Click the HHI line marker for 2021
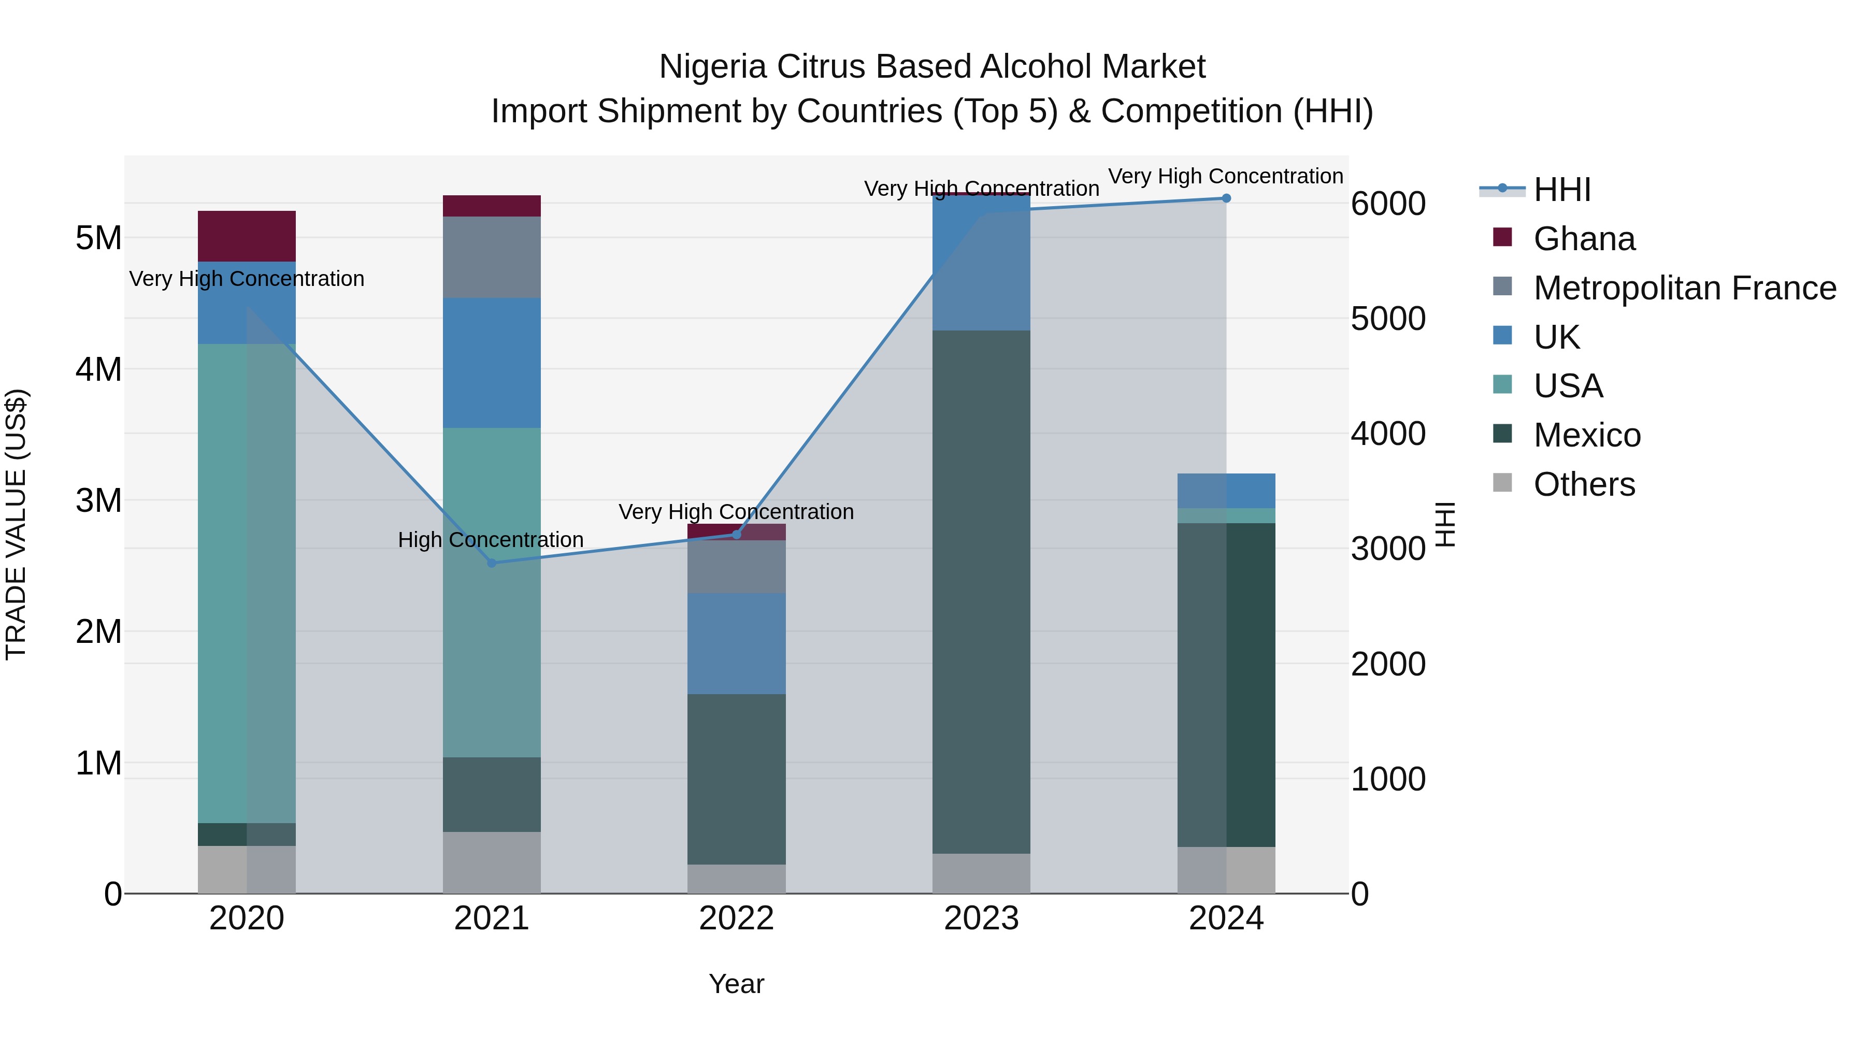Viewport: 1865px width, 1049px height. click(x=492, y=563)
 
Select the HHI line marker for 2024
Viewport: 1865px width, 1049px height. click(x=1226, y=198)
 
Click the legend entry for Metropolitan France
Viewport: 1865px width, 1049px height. click(x=1684, y=288)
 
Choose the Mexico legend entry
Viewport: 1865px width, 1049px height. click(x=1586, y=435)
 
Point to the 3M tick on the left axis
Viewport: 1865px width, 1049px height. click(x=98, y=500)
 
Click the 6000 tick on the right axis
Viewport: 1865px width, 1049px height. click(x=1388, y=204)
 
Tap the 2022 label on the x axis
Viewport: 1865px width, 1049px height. click(x=736, y=918)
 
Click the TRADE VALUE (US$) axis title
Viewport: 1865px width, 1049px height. click(x=16, y=524)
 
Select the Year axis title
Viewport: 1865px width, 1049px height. click(x=736, y=984)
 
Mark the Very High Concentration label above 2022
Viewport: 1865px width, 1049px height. click(x=736, y=511)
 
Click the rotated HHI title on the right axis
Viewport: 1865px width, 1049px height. click(x=1445, y=524)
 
